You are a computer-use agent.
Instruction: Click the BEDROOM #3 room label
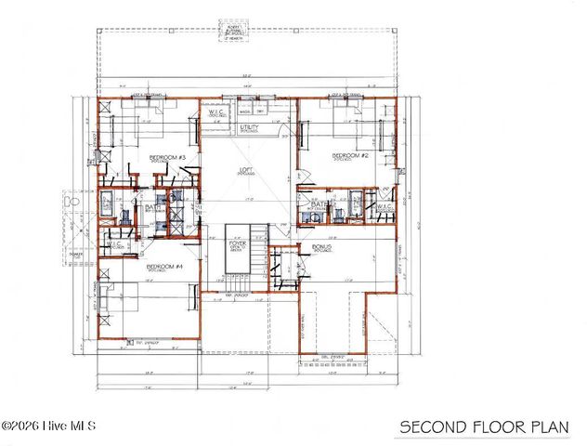click(168, 158)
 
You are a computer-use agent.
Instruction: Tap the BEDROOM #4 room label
click(163, 266)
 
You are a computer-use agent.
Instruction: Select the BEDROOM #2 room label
click(351, 156)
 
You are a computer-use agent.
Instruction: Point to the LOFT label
click(246, 169)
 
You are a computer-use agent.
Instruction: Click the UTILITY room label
click(250, 126)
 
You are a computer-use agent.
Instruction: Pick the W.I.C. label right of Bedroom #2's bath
click(385, 206)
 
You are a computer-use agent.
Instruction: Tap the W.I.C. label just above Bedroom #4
click(114, 246)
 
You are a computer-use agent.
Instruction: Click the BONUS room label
click(322, 247)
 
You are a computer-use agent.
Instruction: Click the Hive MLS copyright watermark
click(44, 426)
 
